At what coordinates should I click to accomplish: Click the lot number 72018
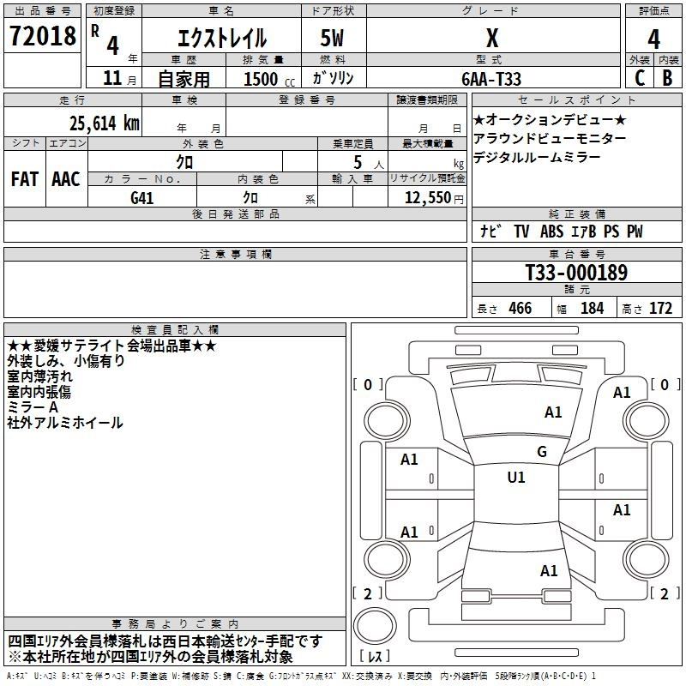coord(42,36)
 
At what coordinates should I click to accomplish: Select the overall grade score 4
coord(653,39)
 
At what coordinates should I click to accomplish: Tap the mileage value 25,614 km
coord(104,123)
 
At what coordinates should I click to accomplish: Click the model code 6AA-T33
coord(491,79)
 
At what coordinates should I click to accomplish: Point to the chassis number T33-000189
coord(576,273)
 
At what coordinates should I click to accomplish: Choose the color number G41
coord(141,198)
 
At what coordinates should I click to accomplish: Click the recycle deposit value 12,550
coord(428,198)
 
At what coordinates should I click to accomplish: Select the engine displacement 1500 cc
coord(269,79)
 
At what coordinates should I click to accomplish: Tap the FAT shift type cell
coord(25,179)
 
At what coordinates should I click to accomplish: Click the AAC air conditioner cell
coord(66,179)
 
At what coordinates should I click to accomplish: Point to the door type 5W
coord(332,38)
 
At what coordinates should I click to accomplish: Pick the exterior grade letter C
coord(640,78)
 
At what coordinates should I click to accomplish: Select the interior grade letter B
coord(667,78)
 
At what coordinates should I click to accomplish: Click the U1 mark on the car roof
coord(516,478)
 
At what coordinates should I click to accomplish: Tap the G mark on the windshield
coord(542,451)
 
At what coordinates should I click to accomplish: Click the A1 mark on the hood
coord(553,412)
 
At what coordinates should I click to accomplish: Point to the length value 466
coord(521,308)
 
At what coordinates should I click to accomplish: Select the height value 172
coord(660,308)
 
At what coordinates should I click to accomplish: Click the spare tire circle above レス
coord(375,626)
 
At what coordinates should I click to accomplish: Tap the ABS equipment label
coord(551,232)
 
